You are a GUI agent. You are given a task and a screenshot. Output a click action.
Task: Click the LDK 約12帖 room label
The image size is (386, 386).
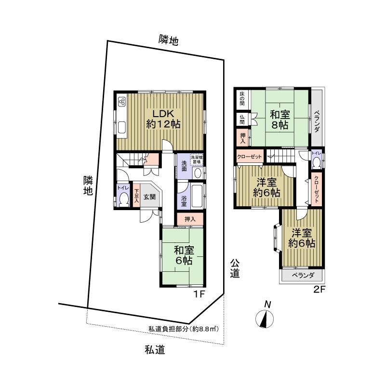click(x=163, y=119)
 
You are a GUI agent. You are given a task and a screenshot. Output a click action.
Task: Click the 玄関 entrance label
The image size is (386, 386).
click(x=149, y=197)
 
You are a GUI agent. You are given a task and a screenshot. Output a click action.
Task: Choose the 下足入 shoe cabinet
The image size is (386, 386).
click(x=136, y=197)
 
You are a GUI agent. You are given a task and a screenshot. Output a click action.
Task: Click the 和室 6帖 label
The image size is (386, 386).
click(x=184, y=255)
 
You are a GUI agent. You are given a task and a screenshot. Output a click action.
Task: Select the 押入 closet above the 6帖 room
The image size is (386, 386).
click(x=191, y=219)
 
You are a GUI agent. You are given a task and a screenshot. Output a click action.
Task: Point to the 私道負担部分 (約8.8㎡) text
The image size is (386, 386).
click(x=184, y=329)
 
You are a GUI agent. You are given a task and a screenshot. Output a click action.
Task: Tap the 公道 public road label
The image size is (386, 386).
click(x=235, y=268)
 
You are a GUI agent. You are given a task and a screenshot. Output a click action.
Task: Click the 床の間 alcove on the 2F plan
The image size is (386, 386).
click(x=242, y=99)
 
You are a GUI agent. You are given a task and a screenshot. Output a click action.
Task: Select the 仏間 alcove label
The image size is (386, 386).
click(x=241, y=119)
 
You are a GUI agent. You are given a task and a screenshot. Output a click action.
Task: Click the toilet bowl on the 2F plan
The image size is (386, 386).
click(x=317, y=162)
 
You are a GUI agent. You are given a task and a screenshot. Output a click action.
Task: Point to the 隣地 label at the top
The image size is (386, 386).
click(x=169, y=40)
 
